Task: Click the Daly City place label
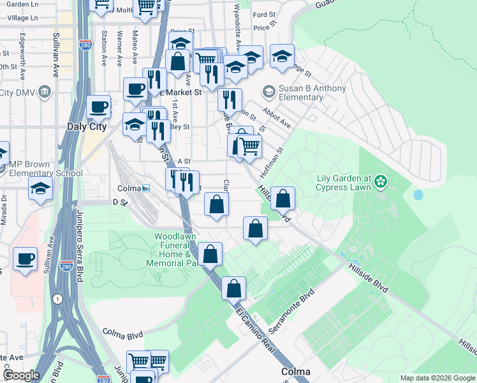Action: tap(86, 127)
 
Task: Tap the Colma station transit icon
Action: tap(146, 189)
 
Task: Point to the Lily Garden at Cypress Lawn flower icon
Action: tap(381, 182)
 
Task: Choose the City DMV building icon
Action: tap(45, 93)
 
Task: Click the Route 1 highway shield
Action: tap(58, 298)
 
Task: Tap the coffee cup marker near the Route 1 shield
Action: tap(25, 259)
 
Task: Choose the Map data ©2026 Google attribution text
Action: tap(437, 378)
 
